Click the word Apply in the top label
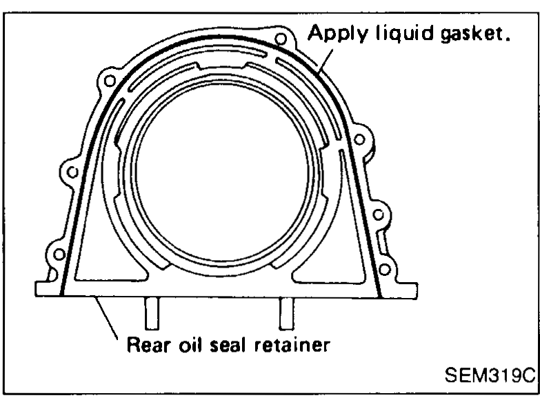337,34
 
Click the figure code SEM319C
490,375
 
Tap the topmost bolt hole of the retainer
281,39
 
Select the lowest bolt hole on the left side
59,255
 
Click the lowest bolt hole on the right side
384,270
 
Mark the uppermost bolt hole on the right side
359,139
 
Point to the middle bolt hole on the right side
378,215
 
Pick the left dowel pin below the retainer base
152,313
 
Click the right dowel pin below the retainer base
286,313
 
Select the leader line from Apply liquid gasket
326,61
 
